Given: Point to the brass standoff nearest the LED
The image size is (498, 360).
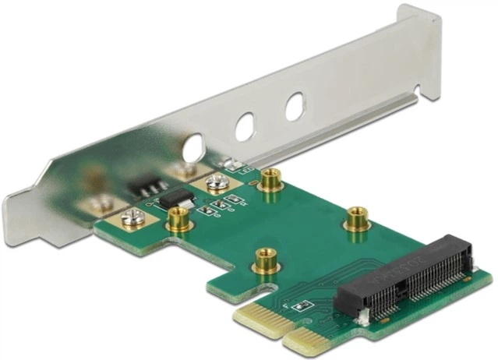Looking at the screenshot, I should pyautogui.click(x=271, y=181).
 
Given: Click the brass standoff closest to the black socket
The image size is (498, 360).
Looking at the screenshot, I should pyautogui.click(x=358, y=218).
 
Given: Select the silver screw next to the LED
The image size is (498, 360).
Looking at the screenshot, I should pyautogui.click(x=216, y=184).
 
